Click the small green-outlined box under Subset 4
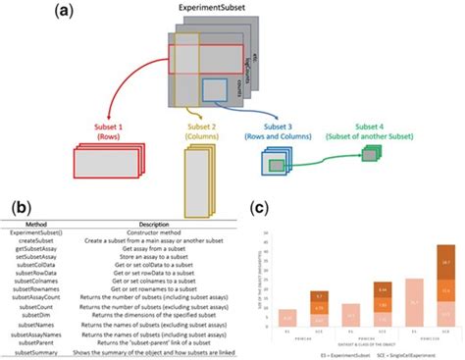pos(371,153)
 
